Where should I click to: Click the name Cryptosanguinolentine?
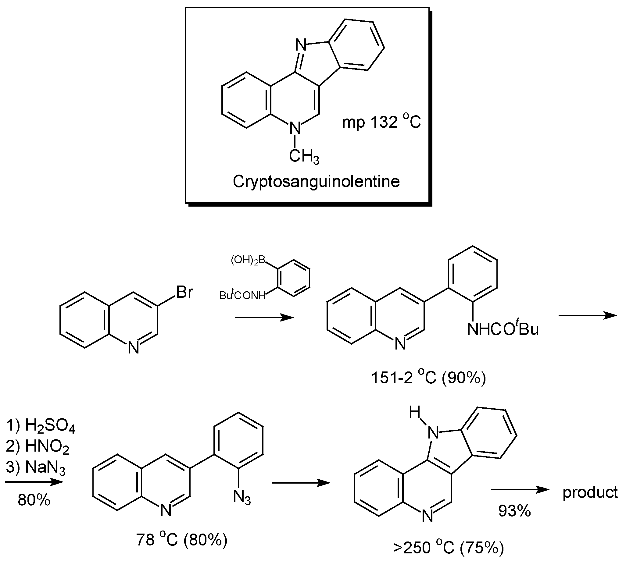[316, 182]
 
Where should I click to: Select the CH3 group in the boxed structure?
[304, 157]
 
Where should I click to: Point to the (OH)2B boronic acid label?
[248, 261]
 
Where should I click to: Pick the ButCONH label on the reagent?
[242, 296]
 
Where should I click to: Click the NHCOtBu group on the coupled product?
[503, 329]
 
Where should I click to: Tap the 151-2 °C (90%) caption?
[428, 378]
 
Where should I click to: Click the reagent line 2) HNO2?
[38, 446]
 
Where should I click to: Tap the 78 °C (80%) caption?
[182, 540]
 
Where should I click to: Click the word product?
[590, 492]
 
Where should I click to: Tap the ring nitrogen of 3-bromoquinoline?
[133, 348]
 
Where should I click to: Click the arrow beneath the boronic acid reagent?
[264, 318]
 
